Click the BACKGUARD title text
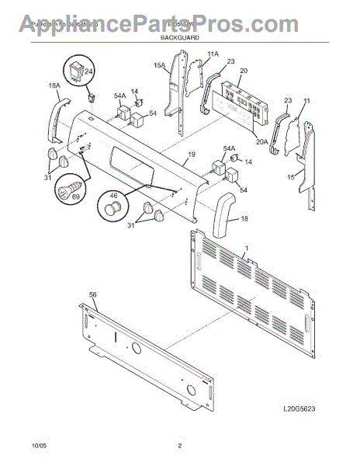[x=180, y=37]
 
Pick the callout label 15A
[x=159, y=67]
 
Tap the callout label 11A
[x=192, y=54]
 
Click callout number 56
[x=93, y=296]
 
